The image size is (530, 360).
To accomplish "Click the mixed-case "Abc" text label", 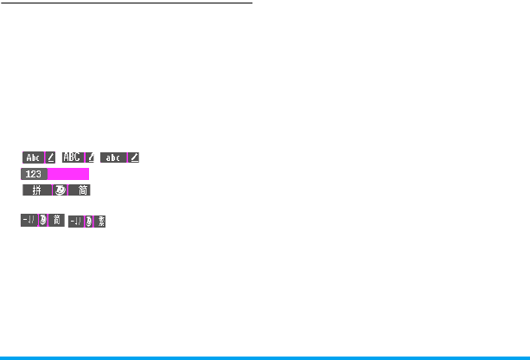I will tap(33, 157).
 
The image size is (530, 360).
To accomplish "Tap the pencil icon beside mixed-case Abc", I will tap(51, 157).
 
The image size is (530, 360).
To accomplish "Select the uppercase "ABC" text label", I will tap(73, 157).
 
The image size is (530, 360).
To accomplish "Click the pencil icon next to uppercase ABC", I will tap(90, 157).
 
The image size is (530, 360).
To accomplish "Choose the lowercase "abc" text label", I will tap(113, 157).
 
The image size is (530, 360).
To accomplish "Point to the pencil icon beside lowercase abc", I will tap(134, 157).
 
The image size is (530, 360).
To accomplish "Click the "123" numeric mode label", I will tap(34, 174).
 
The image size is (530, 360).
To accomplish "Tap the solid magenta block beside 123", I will tap(68, 174).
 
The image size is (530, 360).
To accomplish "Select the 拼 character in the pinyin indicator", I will tap(36, 190).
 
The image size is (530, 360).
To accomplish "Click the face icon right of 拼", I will tap(61, 190).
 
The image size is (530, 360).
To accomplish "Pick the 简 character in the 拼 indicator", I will tap(80, 190).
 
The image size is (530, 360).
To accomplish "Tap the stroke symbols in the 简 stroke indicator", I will tap(29, 222).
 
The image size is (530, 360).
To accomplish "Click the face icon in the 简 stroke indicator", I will tap(43, 222).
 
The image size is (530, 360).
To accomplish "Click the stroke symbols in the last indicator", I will tap(76, 222).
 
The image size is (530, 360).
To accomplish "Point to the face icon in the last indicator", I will tap(89, 222).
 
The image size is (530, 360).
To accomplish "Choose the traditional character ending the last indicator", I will tap(100, 222).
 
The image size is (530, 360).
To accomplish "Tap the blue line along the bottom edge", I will tap(265, 357).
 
